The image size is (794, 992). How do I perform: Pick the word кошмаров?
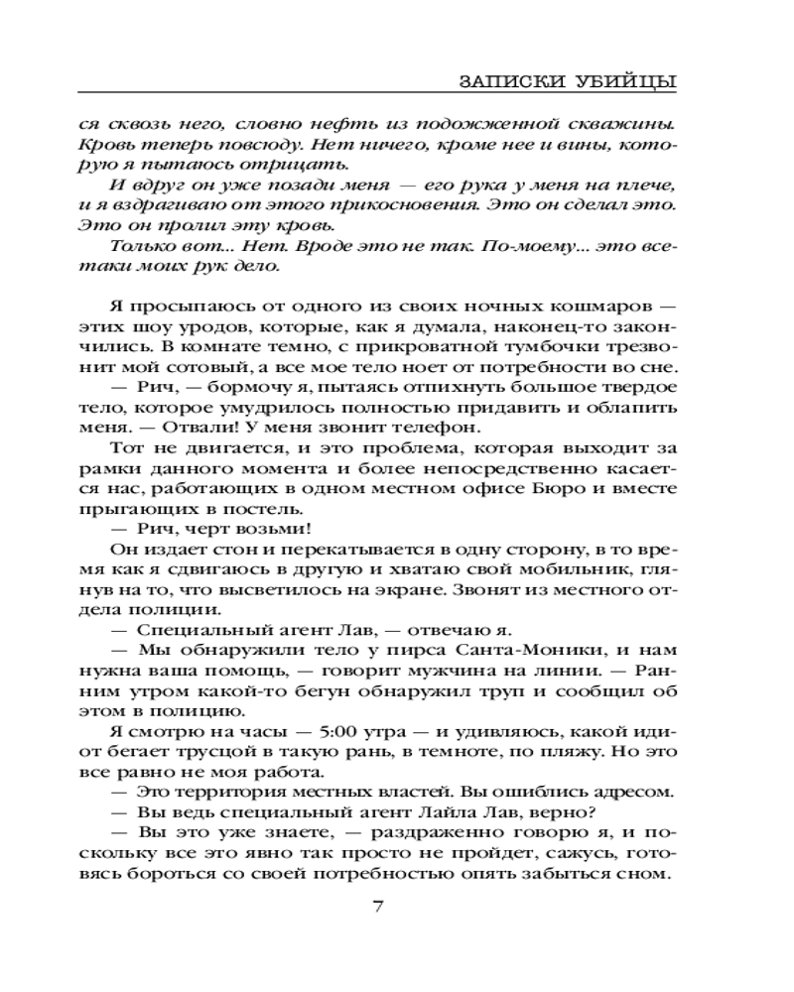[599, 304]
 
